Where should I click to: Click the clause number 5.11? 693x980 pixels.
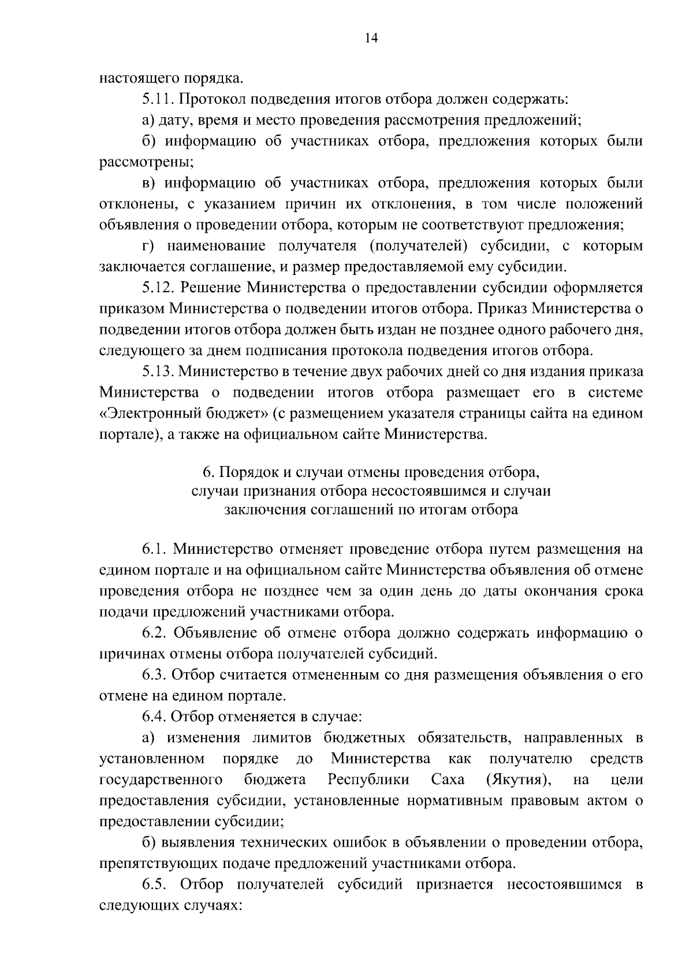pyautogui.click(x=158, y=99)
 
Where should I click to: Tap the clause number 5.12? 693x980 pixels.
pyautogui.click(x=159, y=288)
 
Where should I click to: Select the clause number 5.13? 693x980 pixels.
pyautogui.click(x=159, y=371)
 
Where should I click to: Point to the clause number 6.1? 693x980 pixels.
pyautogui.click(x=154, y=548)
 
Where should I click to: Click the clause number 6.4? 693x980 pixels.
pyautogui.click(x=154, y=717)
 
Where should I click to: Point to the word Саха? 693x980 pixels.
pyautogui.click(x=448, y=780)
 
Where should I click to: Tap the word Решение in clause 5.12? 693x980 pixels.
pyautogui.click(x=211, y=288)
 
